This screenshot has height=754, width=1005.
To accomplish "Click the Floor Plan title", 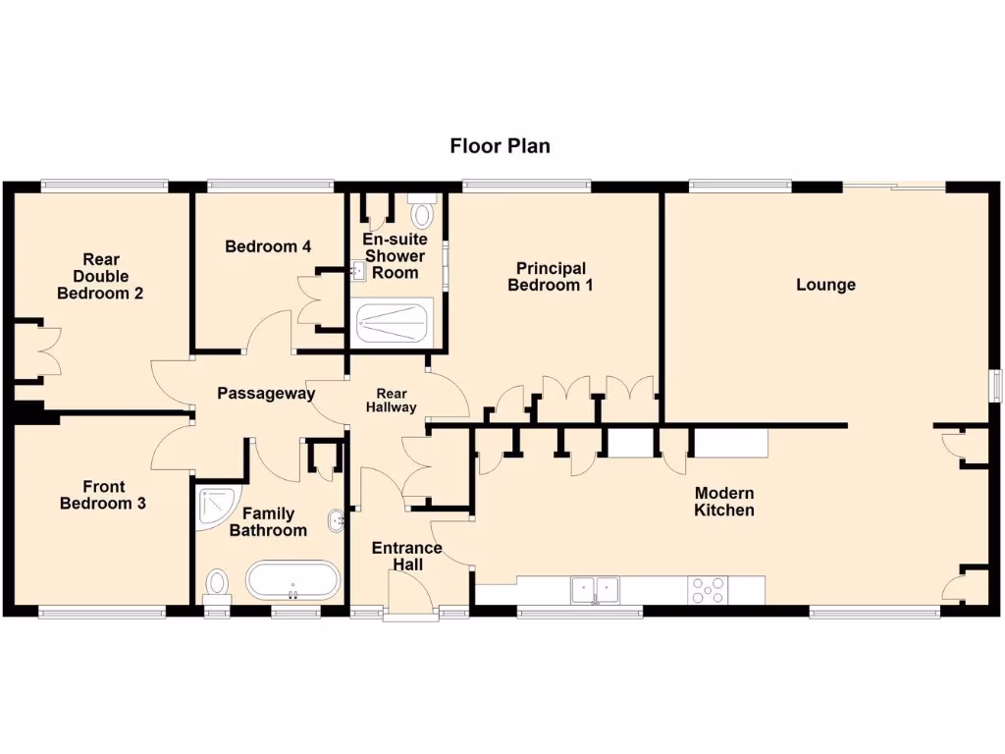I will click(500, 146).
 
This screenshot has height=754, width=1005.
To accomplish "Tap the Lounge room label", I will click(825, 285).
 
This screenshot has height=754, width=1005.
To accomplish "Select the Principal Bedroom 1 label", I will click(551, 277).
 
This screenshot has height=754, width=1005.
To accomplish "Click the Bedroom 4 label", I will click(268, 246).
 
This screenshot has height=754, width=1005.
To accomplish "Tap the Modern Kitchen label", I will click(724, 502).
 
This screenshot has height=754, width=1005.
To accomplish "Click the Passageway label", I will click(266, 394).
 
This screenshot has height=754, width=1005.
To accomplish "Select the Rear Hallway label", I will click(392, 400).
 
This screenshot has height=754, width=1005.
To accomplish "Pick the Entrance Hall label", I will click(406, 556).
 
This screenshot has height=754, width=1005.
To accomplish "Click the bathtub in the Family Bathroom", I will click(291, 580).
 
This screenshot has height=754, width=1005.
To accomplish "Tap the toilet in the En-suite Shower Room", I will click(422, 212).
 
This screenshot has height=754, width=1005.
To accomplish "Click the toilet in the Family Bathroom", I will click(216, 585).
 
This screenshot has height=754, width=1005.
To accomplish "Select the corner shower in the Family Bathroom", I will click(213, 505).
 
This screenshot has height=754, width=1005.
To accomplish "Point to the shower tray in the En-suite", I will click(392, 321).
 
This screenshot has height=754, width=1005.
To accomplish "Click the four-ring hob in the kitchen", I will click(709, 590).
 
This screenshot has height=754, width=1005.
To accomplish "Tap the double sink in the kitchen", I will click(595, 589).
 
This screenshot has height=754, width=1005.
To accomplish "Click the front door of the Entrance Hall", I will click(410, 595).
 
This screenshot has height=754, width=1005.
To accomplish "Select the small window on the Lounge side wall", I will click(994, 385).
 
